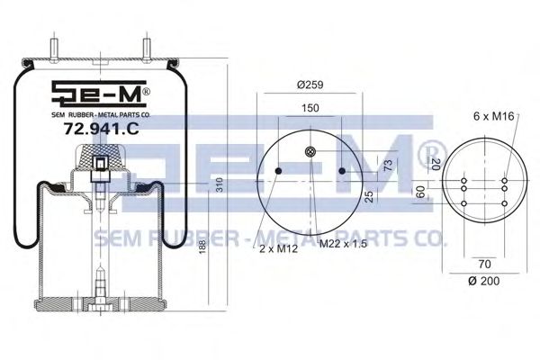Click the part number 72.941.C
tap(101, 129)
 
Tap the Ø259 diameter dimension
tap(310, 85)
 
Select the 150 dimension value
tap(310, 108)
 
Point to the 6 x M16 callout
tap(494, 116)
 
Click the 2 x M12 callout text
tap(278, 248)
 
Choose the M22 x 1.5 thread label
tap(344, 244)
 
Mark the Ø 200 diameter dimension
tap(484, 281)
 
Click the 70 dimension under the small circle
tap(484, 265)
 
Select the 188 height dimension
tap(202, 247)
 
